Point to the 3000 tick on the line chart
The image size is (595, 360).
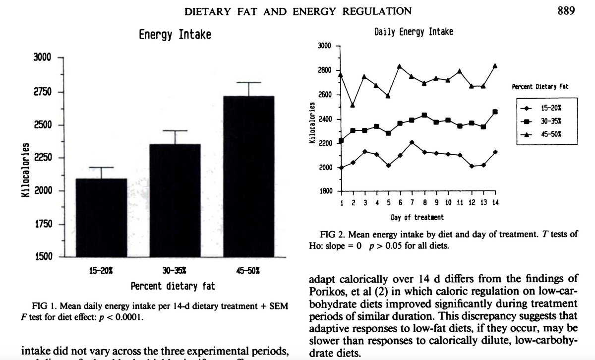(x=325, y=47)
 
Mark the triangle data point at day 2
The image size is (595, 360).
(x=353, y=105)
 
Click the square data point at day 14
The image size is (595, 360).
(x=495, y=112)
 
